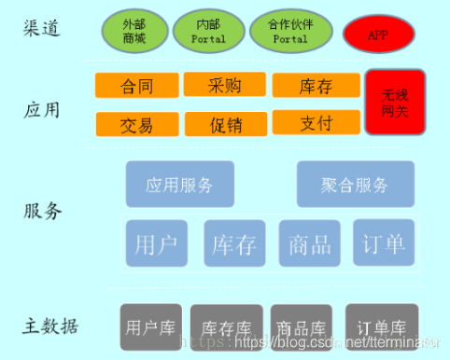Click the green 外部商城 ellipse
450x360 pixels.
[x=134, y=30]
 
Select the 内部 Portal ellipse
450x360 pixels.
[x=208, y=30]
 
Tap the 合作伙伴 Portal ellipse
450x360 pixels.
[x=289, y=30]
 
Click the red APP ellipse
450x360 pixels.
[x=378, y=35]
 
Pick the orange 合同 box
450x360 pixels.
[x=136, y=86]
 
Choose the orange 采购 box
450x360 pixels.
[x=224, y=85]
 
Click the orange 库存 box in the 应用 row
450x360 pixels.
[x=316, y=86]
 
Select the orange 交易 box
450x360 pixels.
[x=136, y=123]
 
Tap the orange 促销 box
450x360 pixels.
[x=224, y=123]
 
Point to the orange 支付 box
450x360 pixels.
[x=316, y=122]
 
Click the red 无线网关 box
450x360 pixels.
[x=395, y=103]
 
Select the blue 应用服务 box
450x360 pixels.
[x=179, y=184]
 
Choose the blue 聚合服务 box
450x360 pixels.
[x=354, y=184]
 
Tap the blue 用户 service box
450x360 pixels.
[x=156, y=244]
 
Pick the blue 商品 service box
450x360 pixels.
[x=309, y=244]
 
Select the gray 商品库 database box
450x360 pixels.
[x=301, y=327]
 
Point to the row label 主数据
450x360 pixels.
[x=50, y=326]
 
